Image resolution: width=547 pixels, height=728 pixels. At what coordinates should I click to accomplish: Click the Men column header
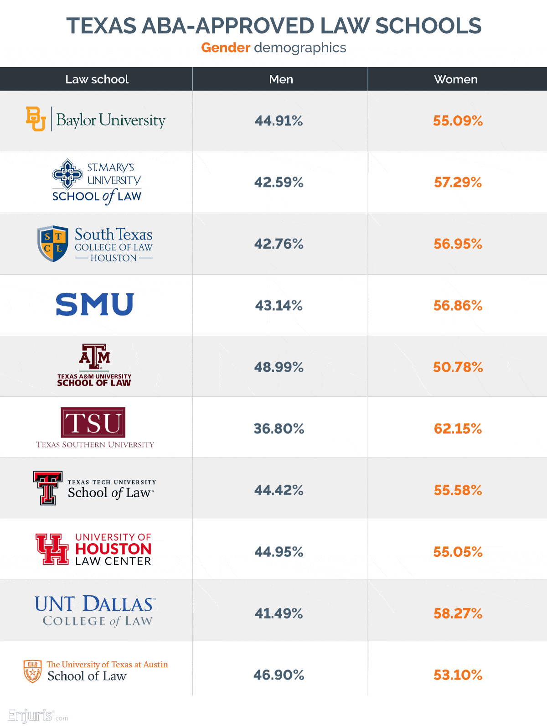click(x=281, y=79)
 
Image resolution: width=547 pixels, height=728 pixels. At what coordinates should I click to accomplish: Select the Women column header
click(x=455, y=79)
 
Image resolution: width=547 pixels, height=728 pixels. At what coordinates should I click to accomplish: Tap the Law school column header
click(x=97, y=79)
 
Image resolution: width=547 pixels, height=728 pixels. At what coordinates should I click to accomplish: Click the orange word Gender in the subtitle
click(x=226, y=47)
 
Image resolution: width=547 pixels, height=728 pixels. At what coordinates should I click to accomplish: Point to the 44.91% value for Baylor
click(x=279, y=121)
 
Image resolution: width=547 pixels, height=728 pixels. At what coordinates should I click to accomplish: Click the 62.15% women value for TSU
click(x=458, y=429)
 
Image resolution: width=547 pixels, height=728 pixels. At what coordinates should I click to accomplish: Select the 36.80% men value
click(x=279, y=429)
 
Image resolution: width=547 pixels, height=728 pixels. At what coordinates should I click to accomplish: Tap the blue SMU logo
click(x=95, y=304)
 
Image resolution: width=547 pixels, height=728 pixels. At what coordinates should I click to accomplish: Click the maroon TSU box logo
click(x=93, y=422)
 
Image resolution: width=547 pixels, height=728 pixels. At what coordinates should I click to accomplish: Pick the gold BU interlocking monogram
click(x=36, y=119)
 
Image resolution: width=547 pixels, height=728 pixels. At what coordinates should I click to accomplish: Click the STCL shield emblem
click(x=53, y=244)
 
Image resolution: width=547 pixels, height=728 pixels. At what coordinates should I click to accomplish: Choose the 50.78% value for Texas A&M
click(x=458, y=367)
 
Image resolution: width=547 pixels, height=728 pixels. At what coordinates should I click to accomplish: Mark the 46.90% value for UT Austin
click(x=279, y=675)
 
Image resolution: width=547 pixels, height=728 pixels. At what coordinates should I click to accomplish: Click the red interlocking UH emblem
click(x=52, y=549)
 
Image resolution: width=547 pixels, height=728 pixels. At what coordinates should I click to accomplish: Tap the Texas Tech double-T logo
click(x=47, y=488)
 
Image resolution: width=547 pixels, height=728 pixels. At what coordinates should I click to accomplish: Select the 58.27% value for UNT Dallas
click(x=458, y=614)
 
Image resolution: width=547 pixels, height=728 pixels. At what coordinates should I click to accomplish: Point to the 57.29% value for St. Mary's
click(x=458, y=182)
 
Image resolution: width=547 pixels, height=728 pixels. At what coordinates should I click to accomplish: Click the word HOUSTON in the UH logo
click(x=113, y=549)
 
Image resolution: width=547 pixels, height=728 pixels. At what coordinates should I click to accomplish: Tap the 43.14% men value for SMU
click(x=279, y=306)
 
